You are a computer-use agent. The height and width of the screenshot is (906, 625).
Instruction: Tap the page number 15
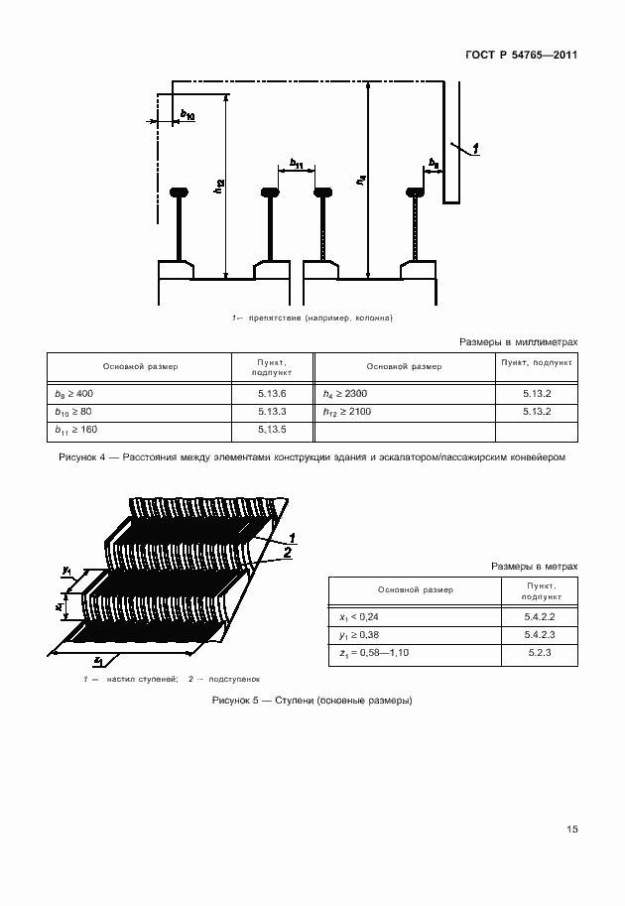point(571,830)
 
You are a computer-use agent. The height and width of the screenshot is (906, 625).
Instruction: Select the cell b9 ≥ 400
point(73,394)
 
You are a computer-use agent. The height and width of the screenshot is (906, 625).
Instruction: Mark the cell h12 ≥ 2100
point(346,411)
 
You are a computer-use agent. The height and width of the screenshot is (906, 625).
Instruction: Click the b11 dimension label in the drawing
point(297,163)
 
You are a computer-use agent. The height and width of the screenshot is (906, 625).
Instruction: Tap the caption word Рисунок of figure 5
point(234,701)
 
